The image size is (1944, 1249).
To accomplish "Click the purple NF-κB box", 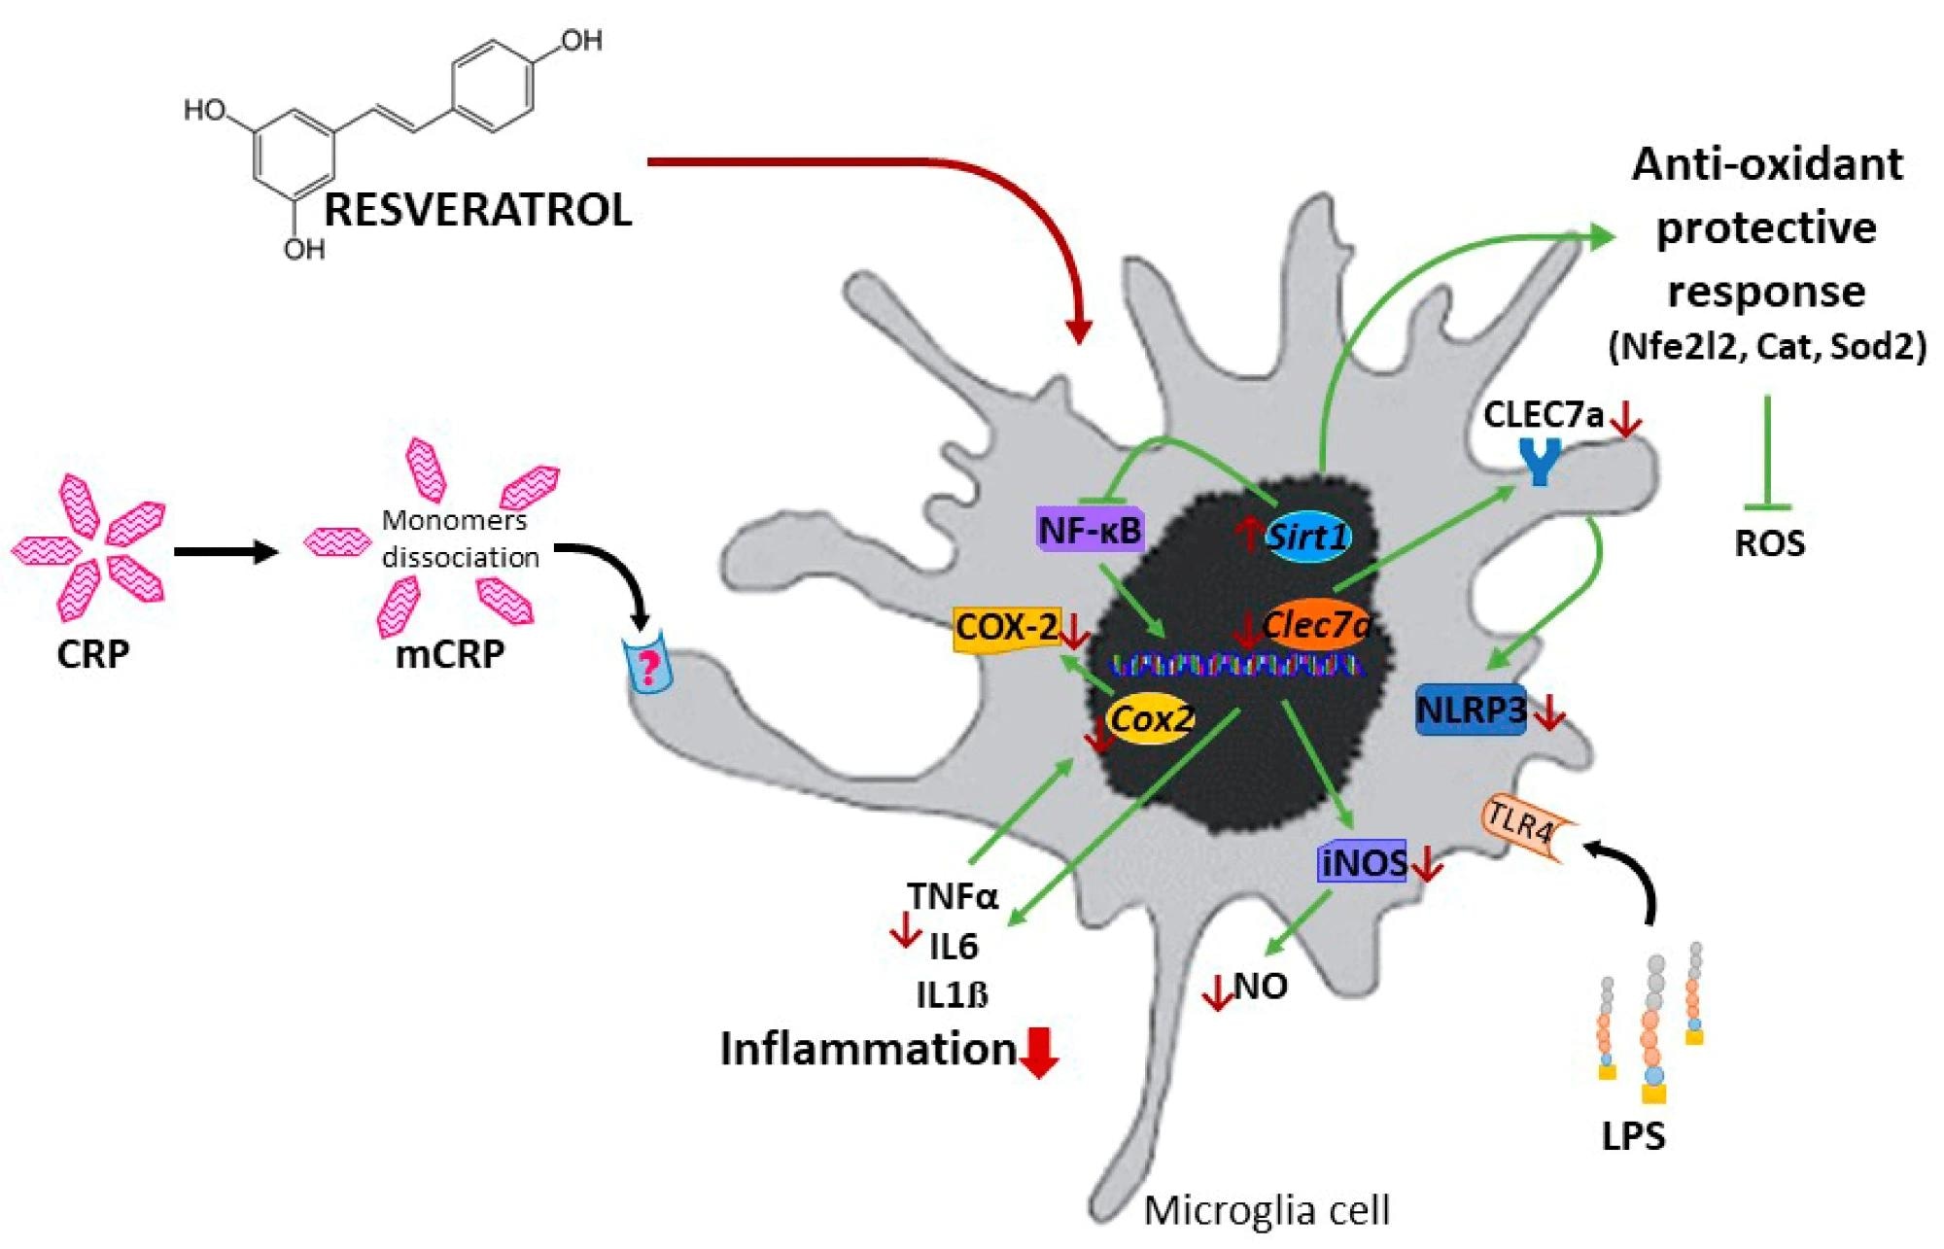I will [x=1089, y=531].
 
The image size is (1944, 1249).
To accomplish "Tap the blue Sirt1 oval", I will [x=1308, y=536].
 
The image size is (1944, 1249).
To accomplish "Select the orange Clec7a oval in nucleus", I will [x=1316, y=625].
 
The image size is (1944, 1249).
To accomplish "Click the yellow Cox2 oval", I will [x=1151, y=720].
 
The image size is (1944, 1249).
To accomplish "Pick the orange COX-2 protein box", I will [x=1006, y=628].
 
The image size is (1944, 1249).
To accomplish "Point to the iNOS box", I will [x=1361, y=862].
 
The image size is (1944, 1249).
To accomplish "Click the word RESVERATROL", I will [x=477, y=211].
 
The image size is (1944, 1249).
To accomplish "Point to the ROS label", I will [x=1770, y=543].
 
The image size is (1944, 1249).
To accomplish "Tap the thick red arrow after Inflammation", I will [x=1041, y=1054].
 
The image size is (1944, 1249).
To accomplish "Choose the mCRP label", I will [x=449, y=654].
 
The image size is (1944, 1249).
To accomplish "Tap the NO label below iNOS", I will [x=1261, y=987].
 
